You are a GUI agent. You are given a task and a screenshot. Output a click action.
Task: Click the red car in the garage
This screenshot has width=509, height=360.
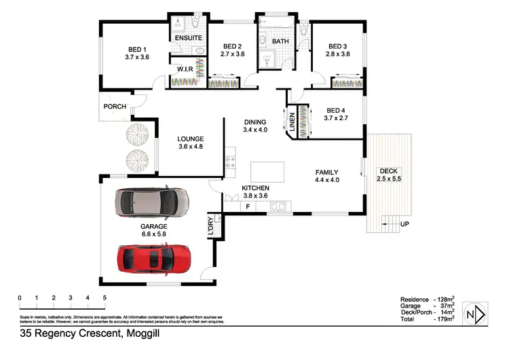coord(155,259)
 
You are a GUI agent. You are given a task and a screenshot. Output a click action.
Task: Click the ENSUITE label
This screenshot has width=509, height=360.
coord(188,38)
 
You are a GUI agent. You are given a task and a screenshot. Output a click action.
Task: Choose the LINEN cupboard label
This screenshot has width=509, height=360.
coord(293,122)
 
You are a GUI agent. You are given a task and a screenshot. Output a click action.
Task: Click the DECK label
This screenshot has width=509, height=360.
coord(389,170)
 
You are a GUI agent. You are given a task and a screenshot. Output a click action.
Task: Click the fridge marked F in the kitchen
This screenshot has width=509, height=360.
coord(248,206)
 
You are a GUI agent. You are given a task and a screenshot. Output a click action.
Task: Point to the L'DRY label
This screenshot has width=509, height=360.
coord(210,227)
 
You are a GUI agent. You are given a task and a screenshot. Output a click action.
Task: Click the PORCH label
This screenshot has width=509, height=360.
coord(115,107)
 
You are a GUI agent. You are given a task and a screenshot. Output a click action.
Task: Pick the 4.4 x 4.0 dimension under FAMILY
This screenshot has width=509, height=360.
coord(326,180)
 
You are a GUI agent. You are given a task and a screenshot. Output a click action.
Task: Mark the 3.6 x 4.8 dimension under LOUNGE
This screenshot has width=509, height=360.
coord(190,147)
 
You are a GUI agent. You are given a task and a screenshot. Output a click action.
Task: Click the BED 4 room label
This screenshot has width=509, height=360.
coord(336,110)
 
